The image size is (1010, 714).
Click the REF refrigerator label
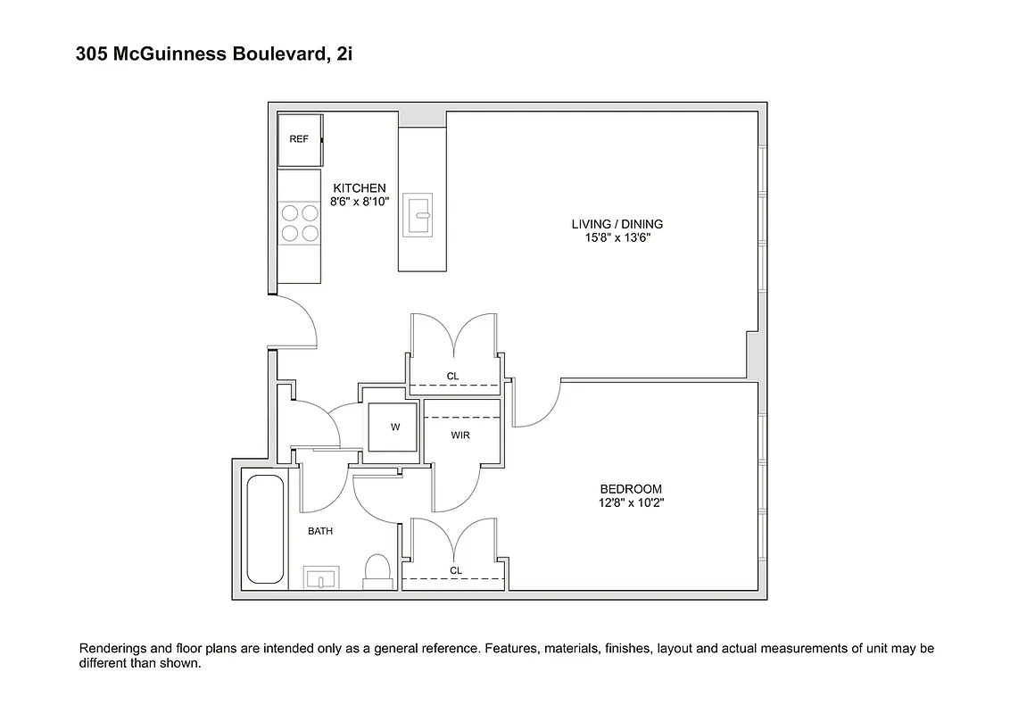(299, 139)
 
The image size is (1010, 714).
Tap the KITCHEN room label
(360, 188)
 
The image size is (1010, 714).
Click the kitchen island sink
(418, 215)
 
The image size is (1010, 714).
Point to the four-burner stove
(299, 222)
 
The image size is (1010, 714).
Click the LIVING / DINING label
(617, 224)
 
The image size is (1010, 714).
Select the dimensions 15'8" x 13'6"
(617, 238)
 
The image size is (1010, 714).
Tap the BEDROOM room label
(631, 489)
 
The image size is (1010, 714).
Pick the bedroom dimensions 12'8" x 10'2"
(631, 503)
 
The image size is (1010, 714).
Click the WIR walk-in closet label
(460, 436)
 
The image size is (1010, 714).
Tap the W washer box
(395, 428)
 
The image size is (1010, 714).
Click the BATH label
(320, 531)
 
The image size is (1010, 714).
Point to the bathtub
(264, 530)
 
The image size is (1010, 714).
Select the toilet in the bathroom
(378, 570)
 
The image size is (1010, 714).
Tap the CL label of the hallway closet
(452, 377)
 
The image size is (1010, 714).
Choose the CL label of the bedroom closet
(456, 570)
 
